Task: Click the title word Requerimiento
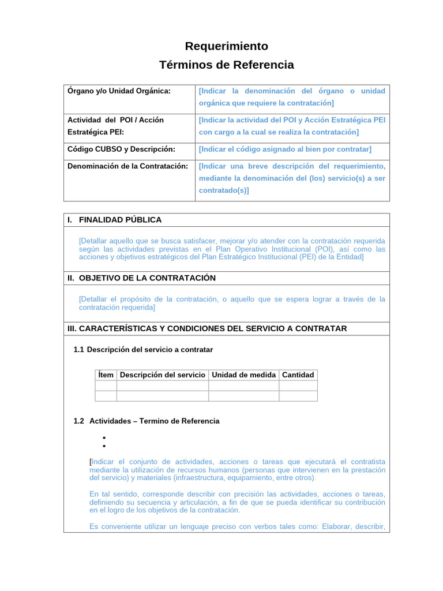(226, 46)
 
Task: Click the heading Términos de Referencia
(226, 65)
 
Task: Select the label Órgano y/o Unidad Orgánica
(119, 91)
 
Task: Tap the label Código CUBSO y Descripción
(121, 149)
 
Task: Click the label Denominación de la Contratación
(128, 166)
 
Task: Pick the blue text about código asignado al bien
(285, 149)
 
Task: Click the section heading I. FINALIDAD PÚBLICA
(115, 220)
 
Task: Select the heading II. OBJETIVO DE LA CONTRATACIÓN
(142, 278)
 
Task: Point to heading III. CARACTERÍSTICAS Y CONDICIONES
(208, 328)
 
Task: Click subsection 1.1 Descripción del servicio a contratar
(144, 350)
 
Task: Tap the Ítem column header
(106, 375)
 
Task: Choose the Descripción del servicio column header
(163, 375)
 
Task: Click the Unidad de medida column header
(243, 375)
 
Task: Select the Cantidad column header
(298, 375)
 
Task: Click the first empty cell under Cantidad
(298, 386)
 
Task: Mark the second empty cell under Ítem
(106, 396)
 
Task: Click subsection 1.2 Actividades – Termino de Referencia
(147, 421)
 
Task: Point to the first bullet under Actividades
(104, 438)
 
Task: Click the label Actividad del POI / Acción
(116, 120)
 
